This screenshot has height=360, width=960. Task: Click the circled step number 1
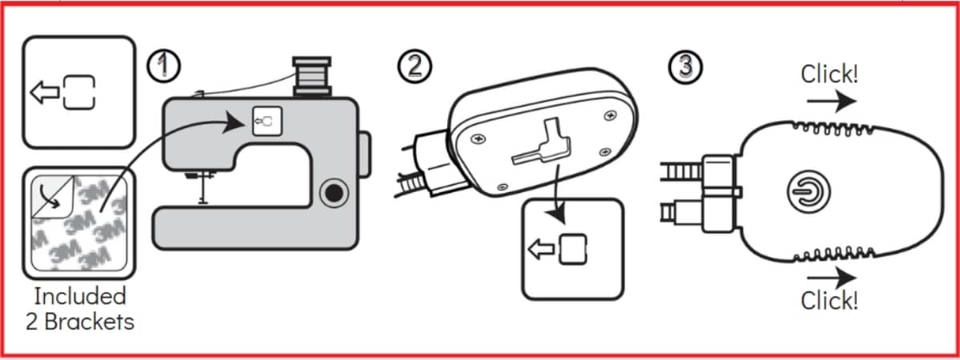(164, 66)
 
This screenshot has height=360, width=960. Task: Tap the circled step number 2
(414, 66)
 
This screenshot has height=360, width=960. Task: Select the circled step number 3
(686, 67)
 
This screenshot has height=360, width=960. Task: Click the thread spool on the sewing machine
(312, 76)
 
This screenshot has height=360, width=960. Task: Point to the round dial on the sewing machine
(334, 194)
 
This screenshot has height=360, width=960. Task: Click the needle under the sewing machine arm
(203, 189)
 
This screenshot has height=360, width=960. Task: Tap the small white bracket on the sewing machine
(267, 122)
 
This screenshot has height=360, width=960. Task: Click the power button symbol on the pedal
(809, 191)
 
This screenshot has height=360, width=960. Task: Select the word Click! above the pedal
(830, 74)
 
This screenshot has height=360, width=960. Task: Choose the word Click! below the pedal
(830, 300)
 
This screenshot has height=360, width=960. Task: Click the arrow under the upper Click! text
(831, 102)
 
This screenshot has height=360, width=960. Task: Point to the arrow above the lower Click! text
(831, 278)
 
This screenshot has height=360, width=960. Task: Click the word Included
(80, 297)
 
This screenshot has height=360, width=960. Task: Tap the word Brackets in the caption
(89, 322)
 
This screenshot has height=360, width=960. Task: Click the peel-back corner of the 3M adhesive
(53, 197)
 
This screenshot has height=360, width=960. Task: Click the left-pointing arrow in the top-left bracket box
(45, 93)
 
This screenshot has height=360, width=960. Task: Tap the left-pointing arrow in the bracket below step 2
(542, 250)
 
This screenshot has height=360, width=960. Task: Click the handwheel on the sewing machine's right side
(365, 154)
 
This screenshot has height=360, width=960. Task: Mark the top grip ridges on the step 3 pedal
(832, 129)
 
